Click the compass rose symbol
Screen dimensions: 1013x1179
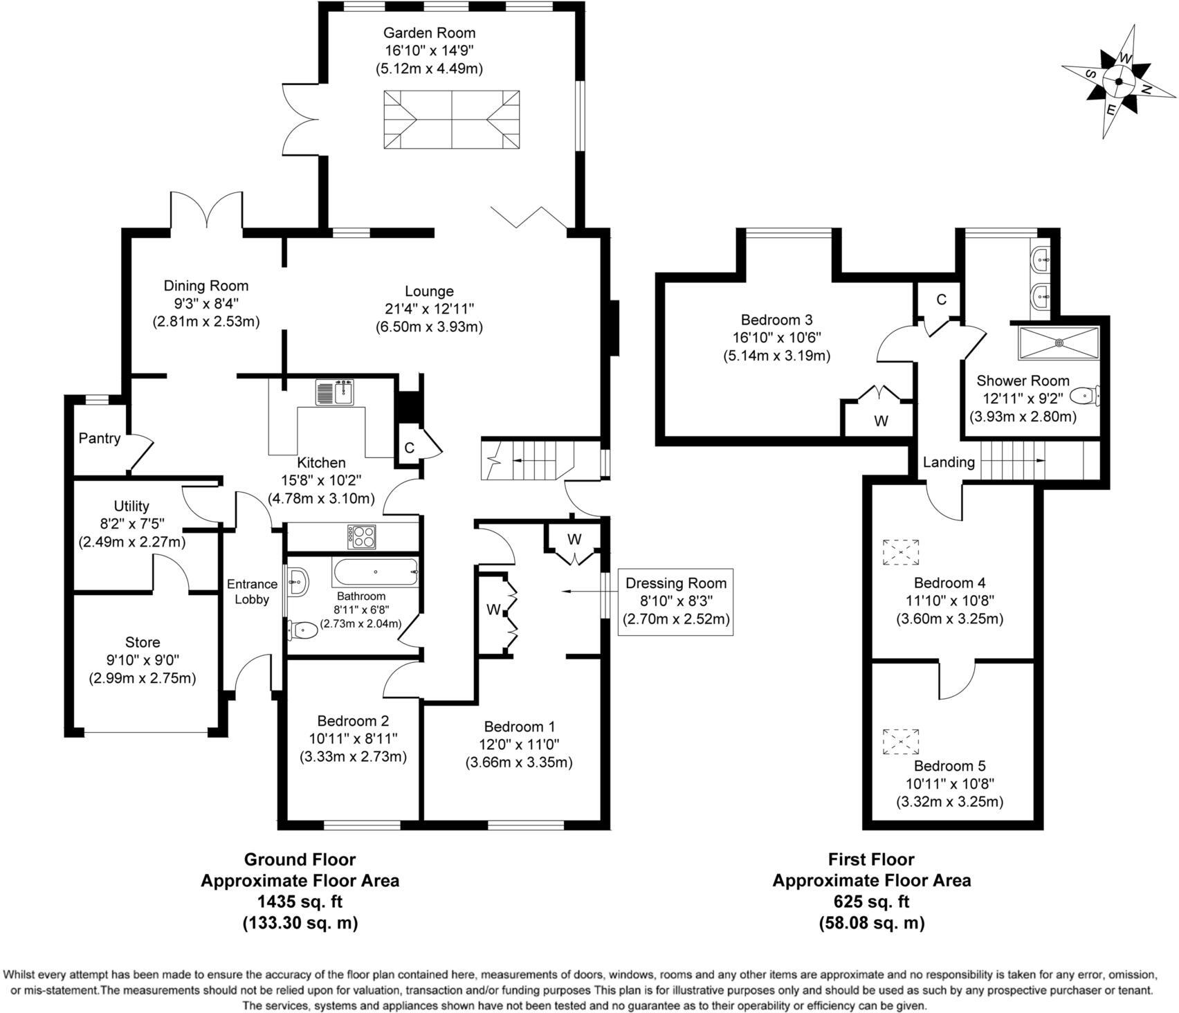click(x=1118, y=82)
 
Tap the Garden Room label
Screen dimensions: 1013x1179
click(x=429, y=33)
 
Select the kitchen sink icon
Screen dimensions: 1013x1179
click(x=335, y=392)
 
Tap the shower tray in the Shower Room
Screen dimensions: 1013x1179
click(x=1058, y=343)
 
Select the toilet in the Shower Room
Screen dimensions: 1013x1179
click(x=1084, y=396)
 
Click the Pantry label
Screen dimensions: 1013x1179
click(x=99, y=438)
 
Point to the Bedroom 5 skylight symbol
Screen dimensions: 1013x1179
click(x=901, y=741)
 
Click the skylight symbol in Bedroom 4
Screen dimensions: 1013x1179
click(x=901, y=552)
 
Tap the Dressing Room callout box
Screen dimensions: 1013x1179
click(x=676, y=601)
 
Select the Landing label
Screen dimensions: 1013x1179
click(x=949, y=462)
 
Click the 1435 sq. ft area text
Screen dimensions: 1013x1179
click(x=300, y=902)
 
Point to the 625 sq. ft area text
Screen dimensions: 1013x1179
click(x=871, y=902)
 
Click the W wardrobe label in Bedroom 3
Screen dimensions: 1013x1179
click(x=881, y=421)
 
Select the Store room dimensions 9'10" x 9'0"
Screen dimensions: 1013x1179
click(x=143, y=660)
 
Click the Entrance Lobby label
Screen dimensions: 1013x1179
click(x=252, y=592)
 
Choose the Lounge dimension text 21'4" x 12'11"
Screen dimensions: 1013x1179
click(x=429, y=309)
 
